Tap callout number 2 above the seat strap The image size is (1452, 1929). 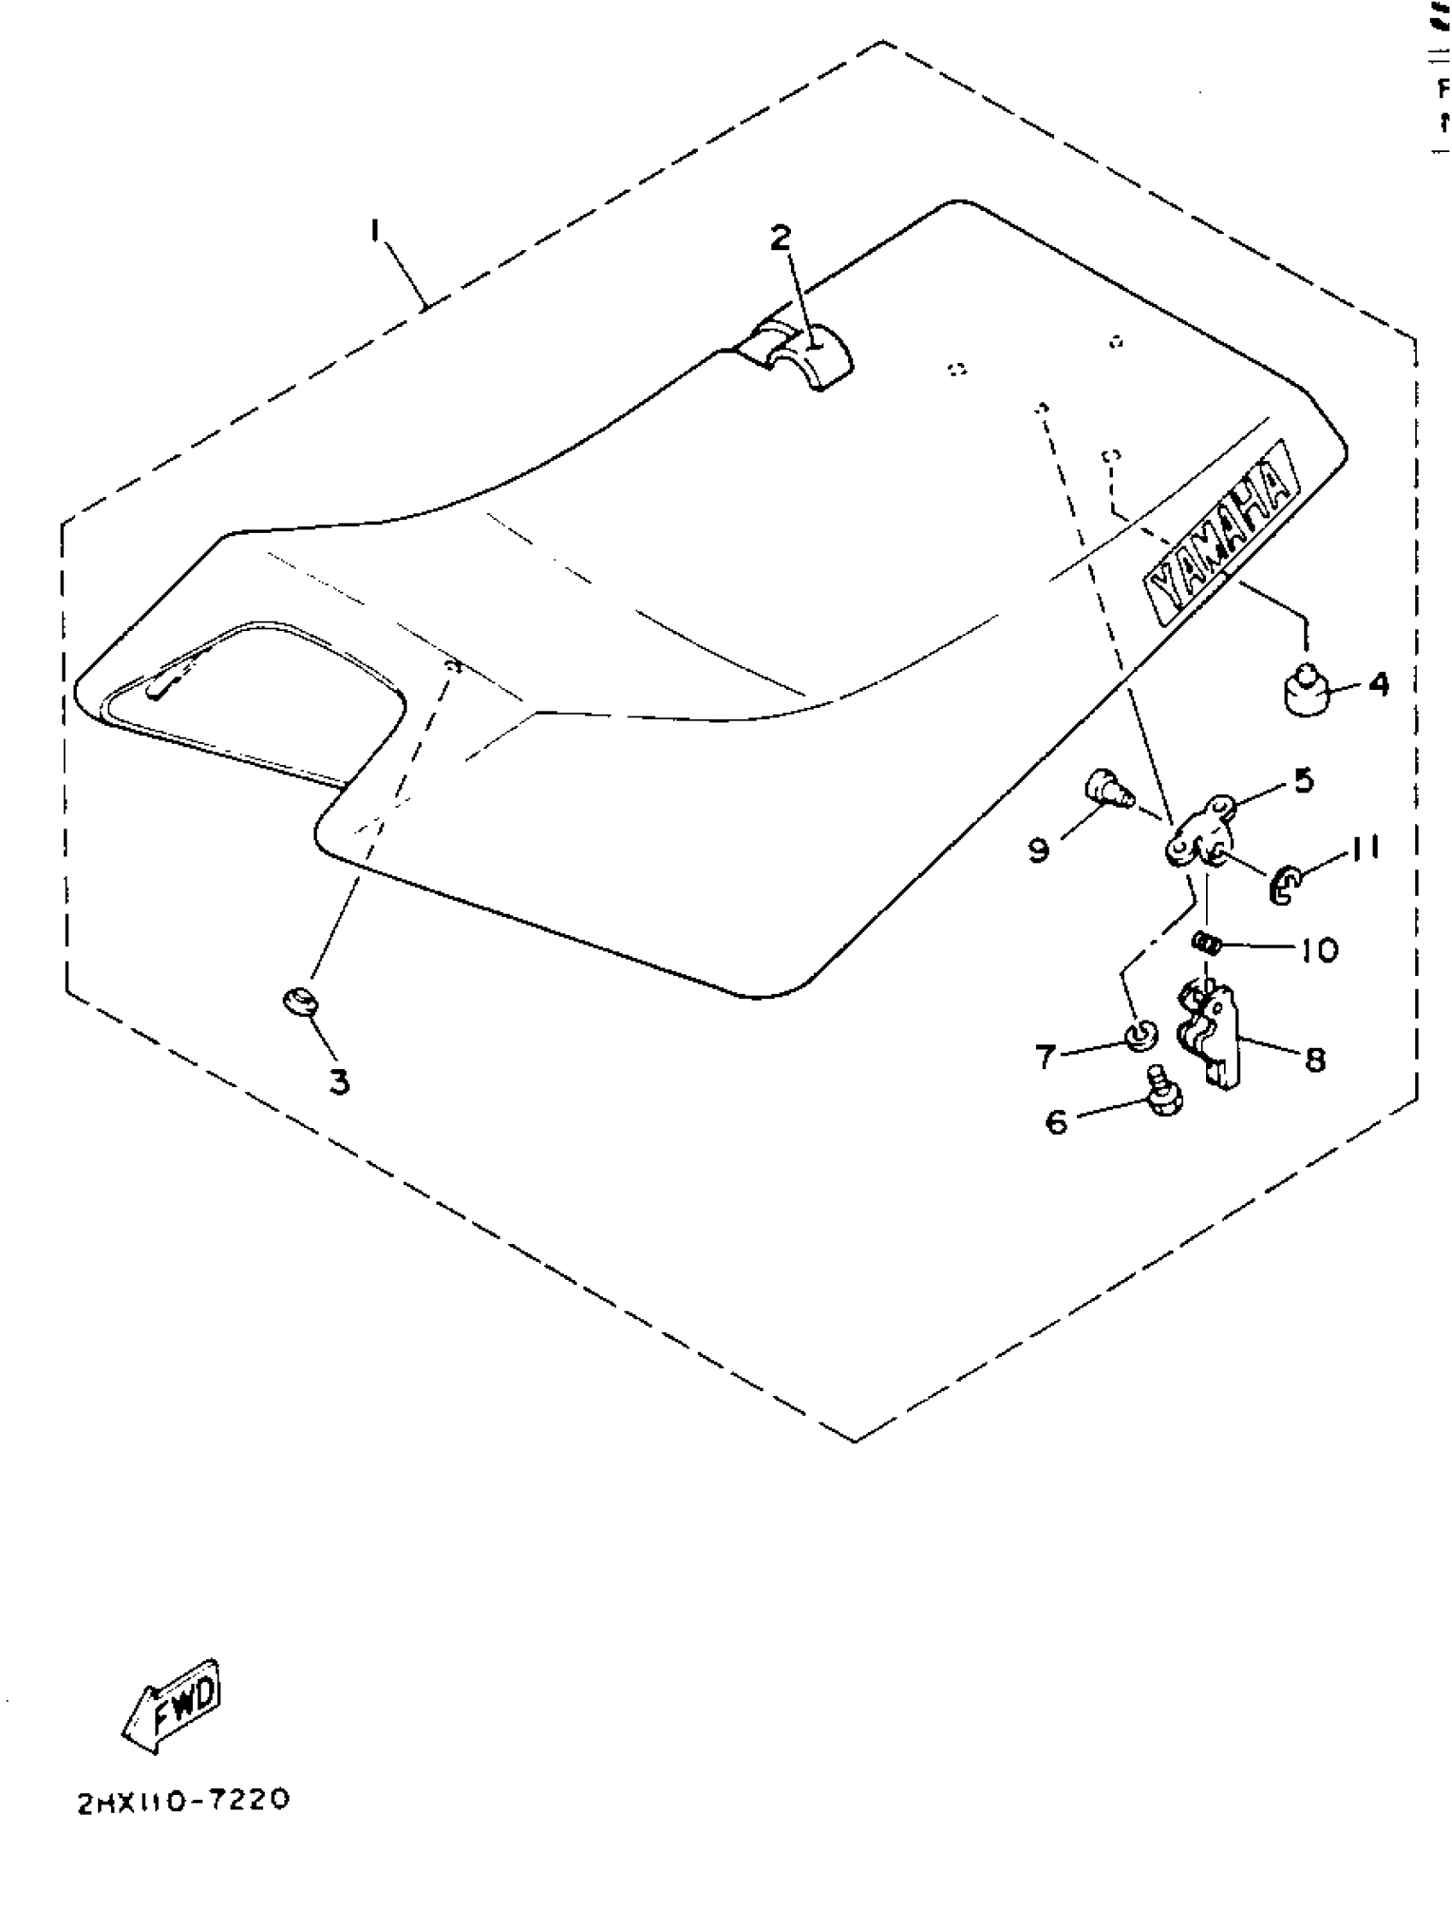tap(781, 237)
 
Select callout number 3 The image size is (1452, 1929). tap(339, 1081)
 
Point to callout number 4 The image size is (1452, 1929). tap(1379, 685)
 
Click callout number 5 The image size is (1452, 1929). tap(1303, 780)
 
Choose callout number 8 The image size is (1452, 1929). tap(1315, 1060)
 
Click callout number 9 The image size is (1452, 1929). tap(1039, 849)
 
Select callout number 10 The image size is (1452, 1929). tap(1320, 949)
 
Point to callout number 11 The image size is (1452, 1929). tap(1366, 847)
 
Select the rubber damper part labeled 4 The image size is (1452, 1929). tap(1305, 691)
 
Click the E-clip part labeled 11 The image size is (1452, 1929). tap(1283, 888)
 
